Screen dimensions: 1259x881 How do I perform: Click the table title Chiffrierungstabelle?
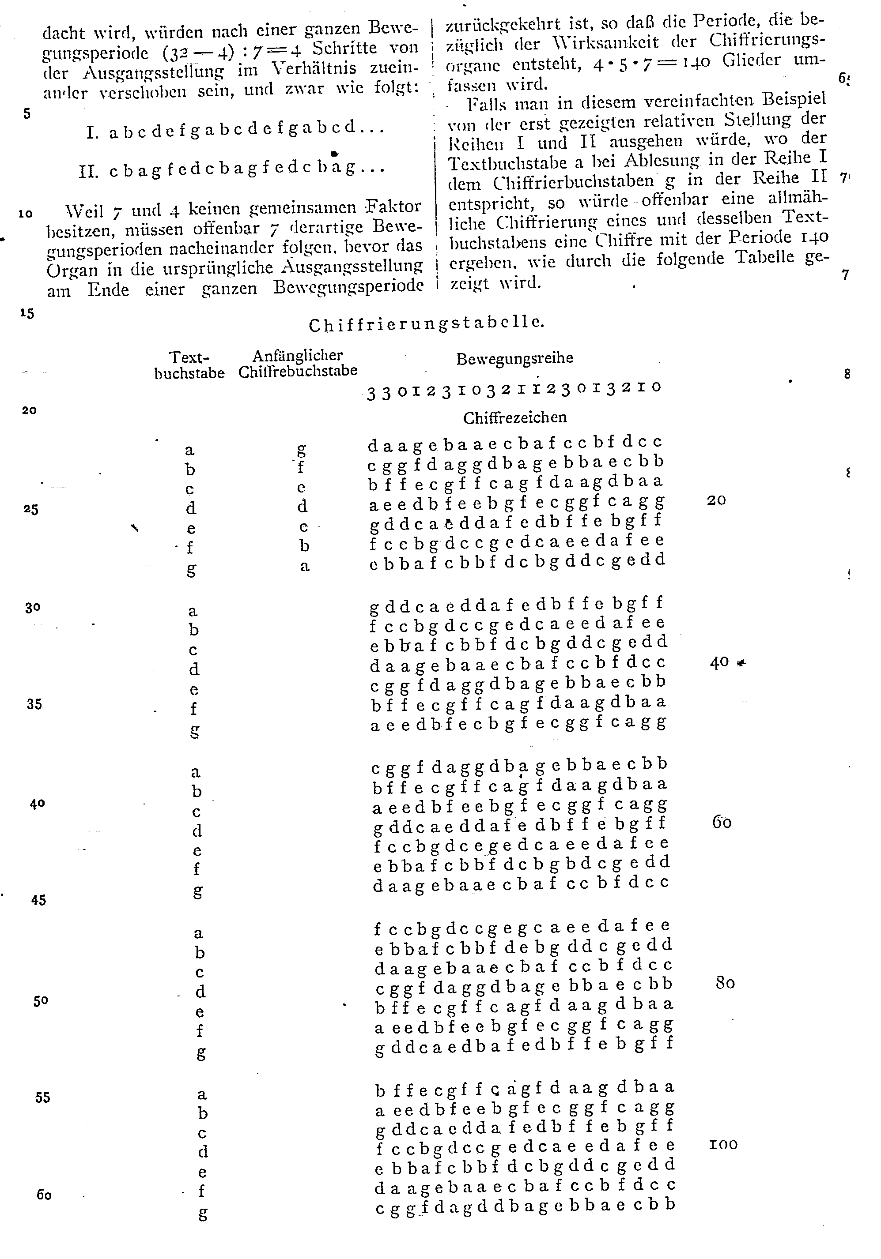pyautogui.click(x=426, y=324)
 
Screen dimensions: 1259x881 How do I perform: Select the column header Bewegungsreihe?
pyautogui.click(x=514, y=359)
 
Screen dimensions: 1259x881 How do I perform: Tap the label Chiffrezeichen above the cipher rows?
pyautogui.click(x=514, y=418)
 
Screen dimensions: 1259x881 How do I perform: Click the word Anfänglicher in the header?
pyautogui.click(x=298, y=355)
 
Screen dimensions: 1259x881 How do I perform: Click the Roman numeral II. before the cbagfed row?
pyautogui.click(x=88, y=172)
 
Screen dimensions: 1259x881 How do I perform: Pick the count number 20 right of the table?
pyautogui.click(x=716, y=500)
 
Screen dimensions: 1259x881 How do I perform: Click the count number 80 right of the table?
pyautogui.click(x=725, y=983)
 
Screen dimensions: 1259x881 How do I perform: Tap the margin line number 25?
pyautogui.click(x=31, y=509)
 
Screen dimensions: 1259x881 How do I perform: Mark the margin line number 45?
pyautogui.click(x=38, y=900)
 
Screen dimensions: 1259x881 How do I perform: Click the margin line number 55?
pyautogui.click(x=42, y=1097)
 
